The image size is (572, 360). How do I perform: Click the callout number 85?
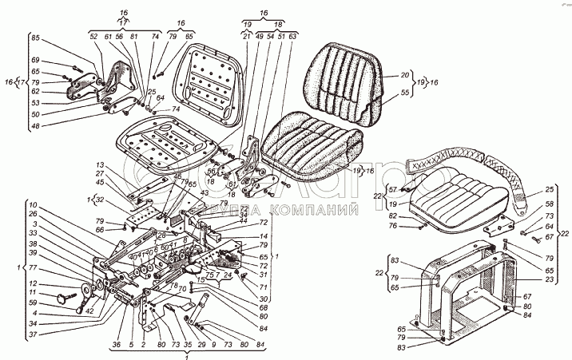pos(35,38)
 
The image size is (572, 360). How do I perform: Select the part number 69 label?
pos(35,61)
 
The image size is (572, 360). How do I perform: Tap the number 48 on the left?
pos(35,126)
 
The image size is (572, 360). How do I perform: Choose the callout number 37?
pos(32,334)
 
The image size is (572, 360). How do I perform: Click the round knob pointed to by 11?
pos(62,299)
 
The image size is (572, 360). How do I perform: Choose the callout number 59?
pos(32,303)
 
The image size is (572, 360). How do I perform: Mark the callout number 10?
pos(32,202)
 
